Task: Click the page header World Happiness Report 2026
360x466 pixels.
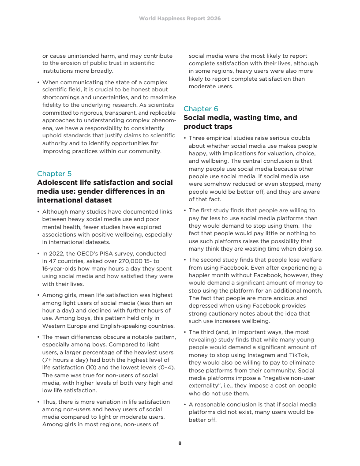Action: (180, 19)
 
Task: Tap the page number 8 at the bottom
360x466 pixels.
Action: (180, 443)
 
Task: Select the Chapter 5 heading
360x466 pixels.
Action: (54, 173)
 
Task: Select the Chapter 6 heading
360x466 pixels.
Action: (201, 109)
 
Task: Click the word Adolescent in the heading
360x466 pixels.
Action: (56, 183)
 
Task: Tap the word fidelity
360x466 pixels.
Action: (53, 105)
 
